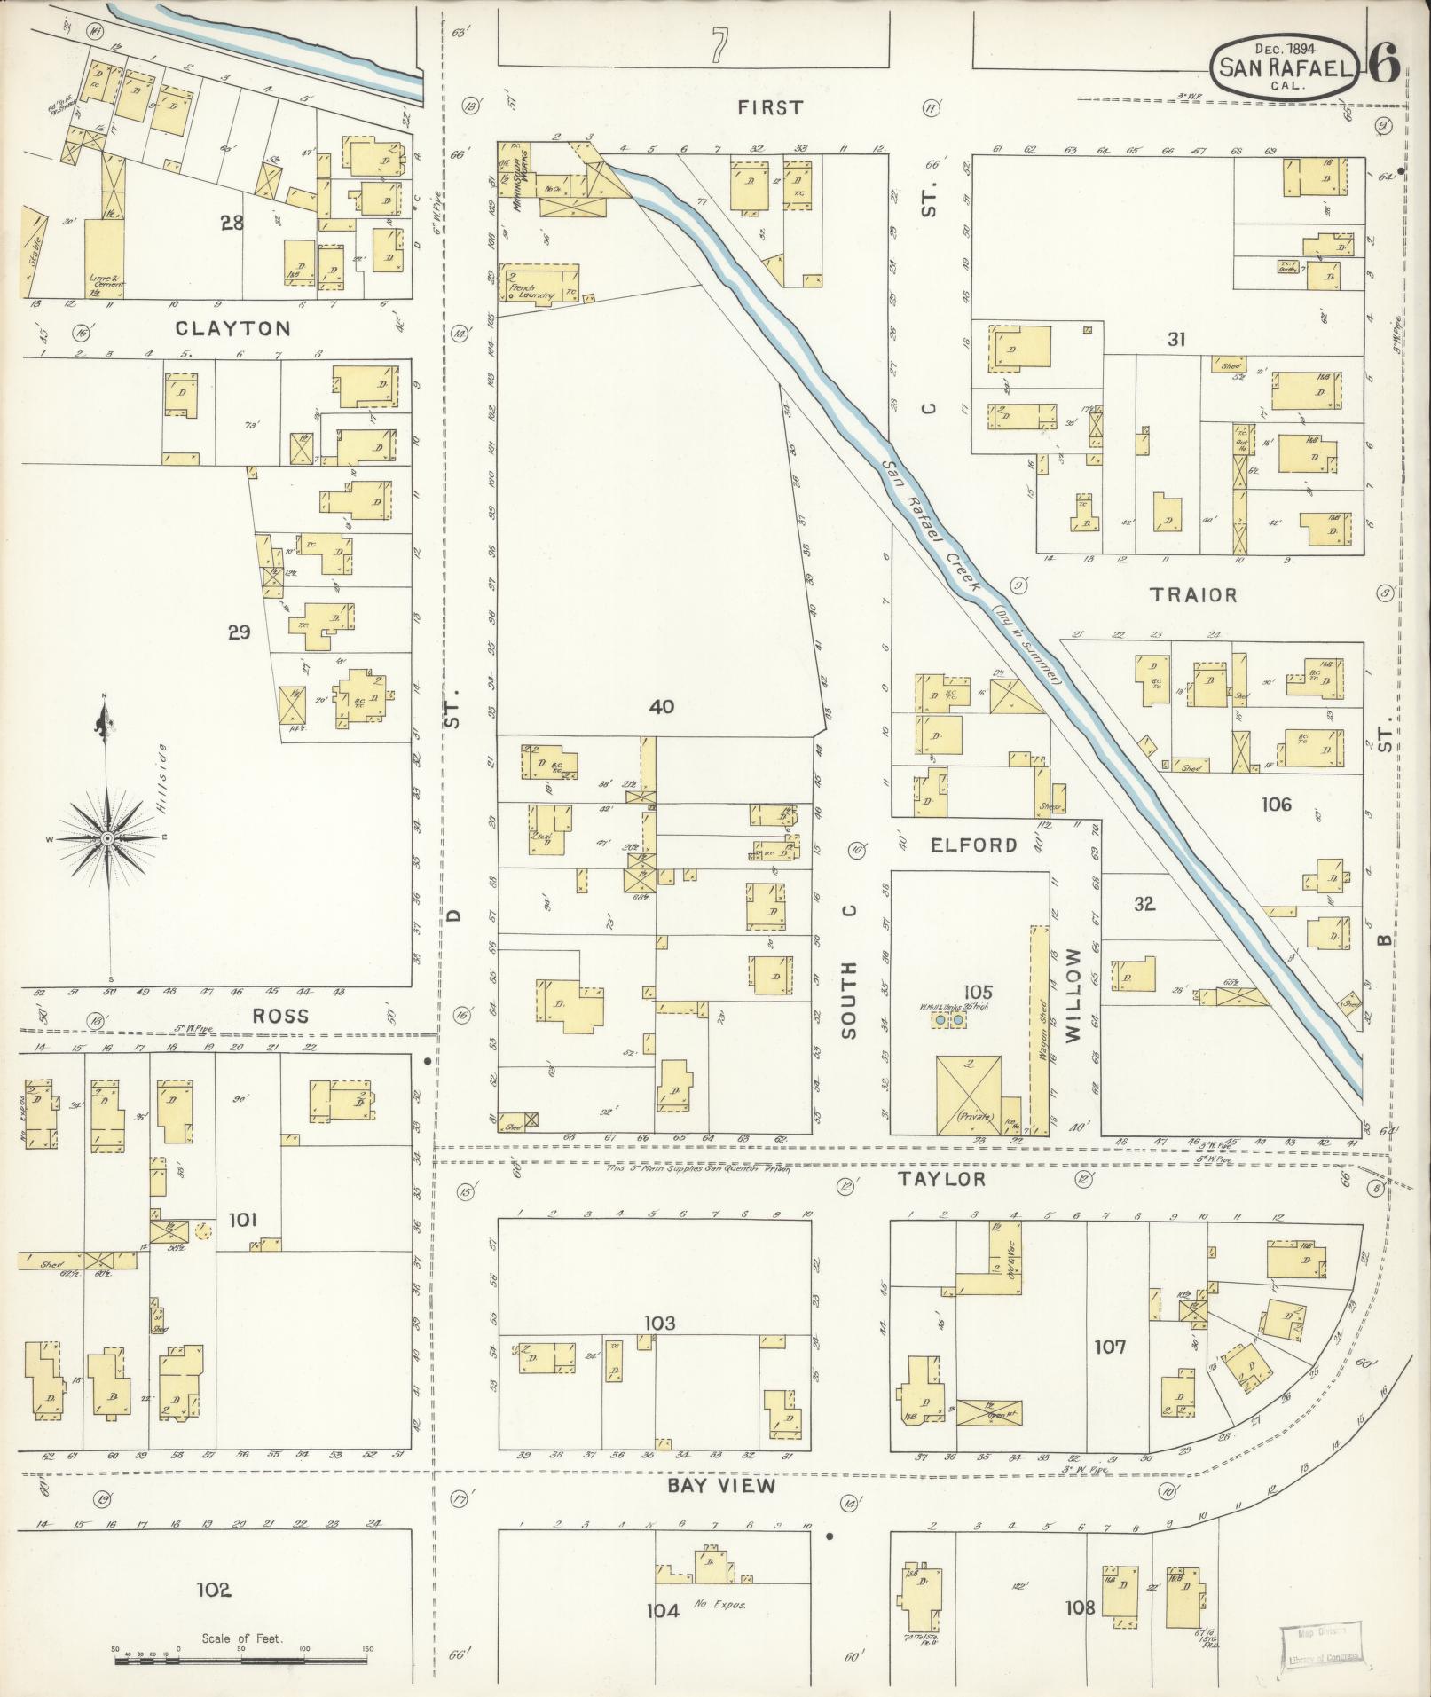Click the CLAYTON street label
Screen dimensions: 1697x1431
tap(233, 328)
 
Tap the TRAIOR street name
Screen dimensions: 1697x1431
tap(1193, 594)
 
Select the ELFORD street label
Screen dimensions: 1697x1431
tap(973, 845)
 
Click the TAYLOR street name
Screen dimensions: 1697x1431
tap(942, 1179)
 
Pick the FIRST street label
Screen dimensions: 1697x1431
tap(770, 107)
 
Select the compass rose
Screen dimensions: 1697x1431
tap(107, 837)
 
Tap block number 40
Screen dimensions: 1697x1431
tap(661, 707)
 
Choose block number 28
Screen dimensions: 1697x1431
tap(232, 223)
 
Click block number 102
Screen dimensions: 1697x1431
tap(214, 1590)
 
